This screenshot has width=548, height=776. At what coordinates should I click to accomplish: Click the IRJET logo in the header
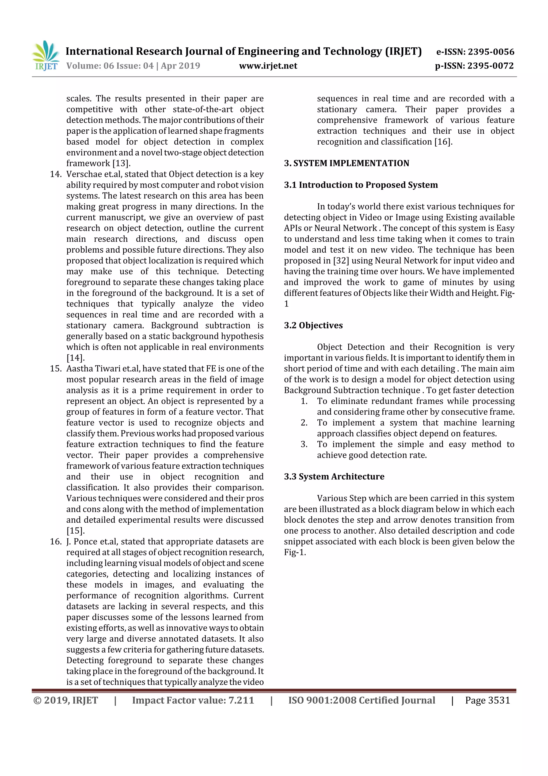click(45, 56)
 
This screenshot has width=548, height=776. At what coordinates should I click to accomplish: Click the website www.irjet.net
click(268, 66)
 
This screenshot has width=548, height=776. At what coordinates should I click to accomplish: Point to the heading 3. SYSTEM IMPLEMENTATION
click(347, 163)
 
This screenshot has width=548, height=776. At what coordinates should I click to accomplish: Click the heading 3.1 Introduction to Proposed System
click(361, 185)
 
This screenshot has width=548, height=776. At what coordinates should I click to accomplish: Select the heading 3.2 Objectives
click(313, 325)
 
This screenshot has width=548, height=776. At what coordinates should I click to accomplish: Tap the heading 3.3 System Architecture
click(334, 477)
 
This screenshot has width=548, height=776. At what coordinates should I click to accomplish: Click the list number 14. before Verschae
click(56, 174)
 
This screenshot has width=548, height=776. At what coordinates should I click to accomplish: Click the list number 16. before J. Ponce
click(56, 541)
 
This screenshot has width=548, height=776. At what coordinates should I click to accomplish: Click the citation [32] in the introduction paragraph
click(341, 261)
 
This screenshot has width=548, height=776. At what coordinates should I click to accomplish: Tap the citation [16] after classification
click(442, 142)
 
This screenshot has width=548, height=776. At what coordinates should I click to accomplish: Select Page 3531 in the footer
click(487, 700)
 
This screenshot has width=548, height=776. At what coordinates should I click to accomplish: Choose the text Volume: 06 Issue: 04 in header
click(110, 66)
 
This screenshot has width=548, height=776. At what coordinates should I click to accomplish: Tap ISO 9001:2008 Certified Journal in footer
click(361, 700)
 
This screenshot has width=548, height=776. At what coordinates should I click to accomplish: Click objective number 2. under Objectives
click(304, 422)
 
